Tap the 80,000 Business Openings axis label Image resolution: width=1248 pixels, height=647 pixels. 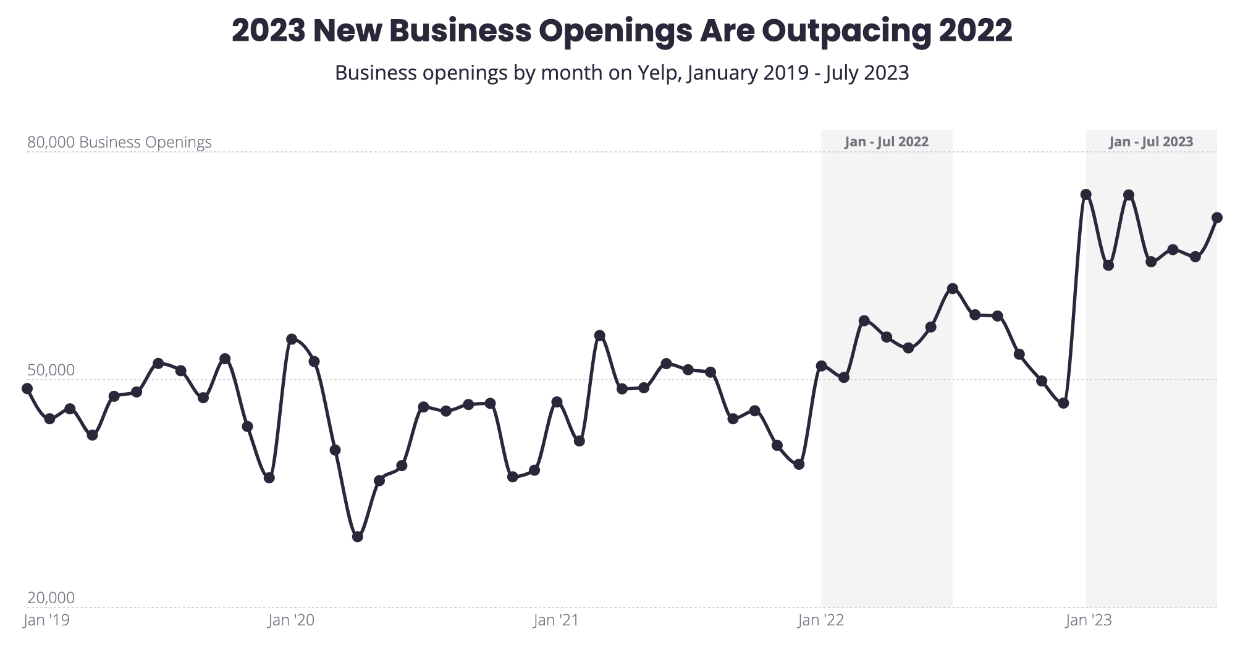(x=119, y=142)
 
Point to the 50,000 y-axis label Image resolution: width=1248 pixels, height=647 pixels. (x=51, y=370)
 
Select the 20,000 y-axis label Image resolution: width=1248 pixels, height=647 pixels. (x=51, y=598)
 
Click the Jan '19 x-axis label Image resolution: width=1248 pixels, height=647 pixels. (x=46, y=620)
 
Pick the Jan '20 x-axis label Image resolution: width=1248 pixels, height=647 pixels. (x=291, y=620)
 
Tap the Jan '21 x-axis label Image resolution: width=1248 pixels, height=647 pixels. (x=556, y=620)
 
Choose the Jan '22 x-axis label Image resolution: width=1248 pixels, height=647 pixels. (x=820, y=620)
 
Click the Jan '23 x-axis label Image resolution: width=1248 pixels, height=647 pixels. (x=1089, y=620)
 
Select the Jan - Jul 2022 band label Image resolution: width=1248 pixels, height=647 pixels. (x=887, y=141)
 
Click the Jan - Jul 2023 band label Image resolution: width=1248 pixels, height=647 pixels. (x=1151, y=141)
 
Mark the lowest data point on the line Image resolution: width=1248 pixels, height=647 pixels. (x=357, y=536)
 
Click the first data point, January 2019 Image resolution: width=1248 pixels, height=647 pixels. (x=27, y=388)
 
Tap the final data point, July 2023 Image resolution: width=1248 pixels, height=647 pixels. (x=1217, y=217)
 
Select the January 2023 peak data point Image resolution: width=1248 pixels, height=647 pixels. (x=1086, y=194)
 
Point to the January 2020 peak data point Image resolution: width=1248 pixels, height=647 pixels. (x=292, y=339)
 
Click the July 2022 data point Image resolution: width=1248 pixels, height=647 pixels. (x=953, y=288)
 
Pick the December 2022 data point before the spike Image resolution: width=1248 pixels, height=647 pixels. (x=1063, y=403)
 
